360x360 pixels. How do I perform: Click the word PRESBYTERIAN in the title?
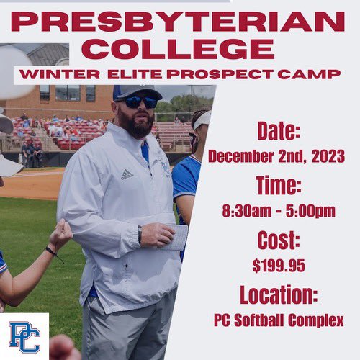coord(179,22)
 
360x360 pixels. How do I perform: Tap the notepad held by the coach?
coord(176,237)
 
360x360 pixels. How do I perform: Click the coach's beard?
coord(138,122)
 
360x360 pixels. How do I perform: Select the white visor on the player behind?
coord(202,120)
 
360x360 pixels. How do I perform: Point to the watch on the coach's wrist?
coord(140,235)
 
